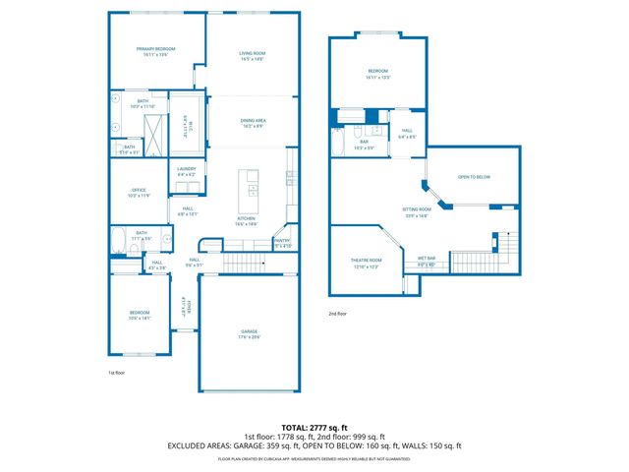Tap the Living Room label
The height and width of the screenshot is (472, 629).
pos(254,56)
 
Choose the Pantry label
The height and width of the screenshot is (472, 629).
pos(282,242)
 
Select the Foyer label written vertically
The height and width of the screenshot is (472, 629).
pos(185,308)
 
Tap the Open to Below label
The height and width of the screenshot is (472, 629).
pos(474,178)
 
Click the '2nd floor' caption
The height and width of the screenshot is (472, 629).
pos(338,314)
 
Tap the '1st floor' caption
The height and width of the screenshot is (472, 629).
pos(117,373)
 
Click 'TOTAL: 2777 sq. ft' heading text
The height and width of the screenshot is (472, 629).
pos(314,427)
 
